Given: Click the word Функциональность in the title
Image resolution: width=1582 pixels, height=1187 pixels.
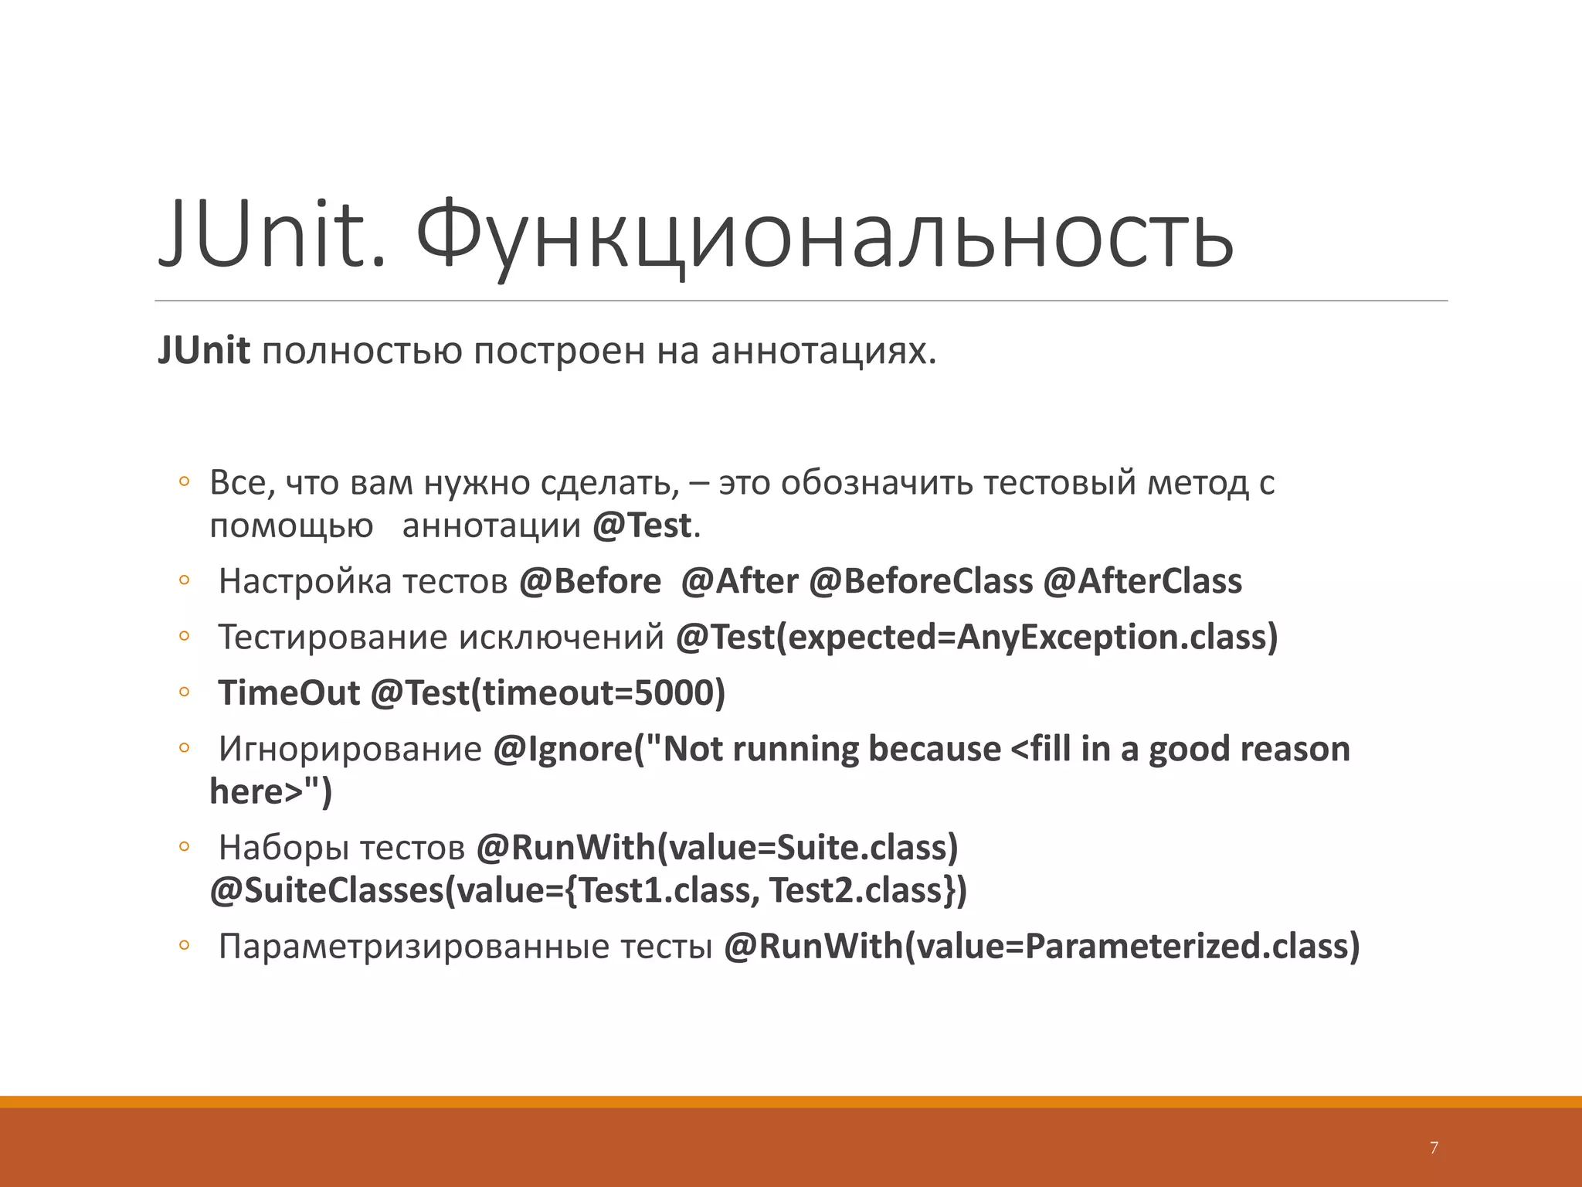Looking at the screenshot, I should [x=824, y=234].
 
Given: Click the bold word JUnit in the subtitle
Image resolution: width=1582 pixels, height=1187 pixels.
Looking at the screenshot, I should [x=204, y=351].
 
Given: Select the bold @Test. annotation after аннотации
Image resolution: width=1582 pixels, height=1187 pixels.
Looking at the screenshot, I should [x=646, y=526].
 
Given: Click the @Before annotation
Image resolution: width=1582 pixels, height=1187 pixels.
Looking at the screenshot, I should [x=590, y=581].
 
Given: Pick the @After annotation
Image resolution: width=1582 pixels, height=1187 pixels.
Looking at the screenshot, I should [x=739, y=581].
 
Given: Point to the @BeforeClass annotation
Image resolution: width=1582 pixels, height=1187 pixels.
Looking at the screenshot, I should [x=920, y=581].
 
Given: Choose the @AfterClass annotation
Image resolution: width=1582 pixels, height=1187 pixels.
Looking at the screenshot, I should [x=1142, y=581].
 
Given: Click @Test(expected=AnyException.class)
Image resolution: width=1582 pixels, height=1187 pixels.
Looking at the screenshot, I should [x=976, y=638].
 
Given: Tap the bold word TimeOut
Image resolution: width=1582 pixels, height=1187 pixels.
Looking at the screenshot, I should [x=289, y=693].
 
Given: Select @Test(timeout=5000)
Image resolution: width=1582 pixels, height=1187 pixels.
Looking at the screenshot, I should [x=548, y=693].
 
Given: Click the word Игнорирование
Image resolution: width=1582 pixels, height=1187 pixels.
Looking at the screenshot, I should [x=350, y=749].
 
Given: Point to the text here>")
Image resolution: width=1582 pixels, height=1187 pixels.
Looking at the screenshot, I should [x=270, y=791].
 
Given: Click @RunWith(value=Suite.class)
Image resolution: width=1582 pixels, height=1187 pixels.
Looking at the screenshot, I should [x=717, y=848].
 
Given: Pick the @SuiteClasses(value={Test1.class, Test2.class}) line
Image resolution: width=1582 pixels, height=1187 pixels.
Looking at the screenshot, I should [x=588, y=890].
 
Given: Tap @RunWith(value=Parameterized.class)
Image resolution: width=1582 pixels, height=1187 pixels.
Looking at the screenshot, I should [x=1041, y=946].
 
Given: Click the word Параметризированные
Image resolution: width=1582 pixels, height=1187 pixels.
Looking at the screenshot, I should [x=415, y=947].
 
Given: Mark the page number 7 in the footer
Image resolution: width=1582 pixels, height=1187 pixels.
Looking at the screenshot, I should [x=1434, y=1148].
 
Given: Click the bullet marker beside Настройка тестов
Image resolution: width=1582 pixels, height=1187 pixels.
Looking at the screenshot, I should [x=184, y=580].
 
